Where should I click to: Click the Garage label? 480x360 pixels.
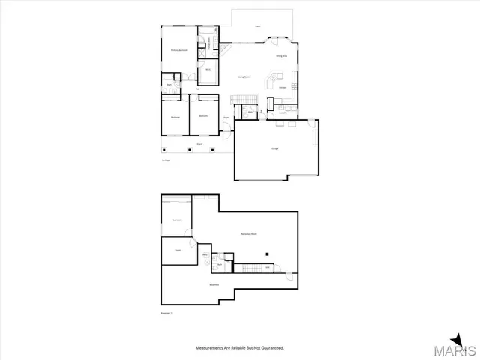pyautogui.click(x=275, y=148)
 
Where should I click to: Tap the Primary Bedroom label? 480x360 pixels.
pyautogui.click(x=177, y=50)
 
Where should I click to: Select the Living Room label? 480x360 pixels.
pyautogui.click(x=244, y=77)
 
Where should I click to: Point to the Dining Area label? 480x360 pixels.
pyautogui.click(x=282, y=56)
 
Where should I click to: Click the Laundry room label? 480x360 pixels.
pyautogui.click(x=283, y=112)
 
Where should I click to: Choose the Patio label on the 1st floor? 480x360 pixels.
pyautogui.click(x=257, y=26)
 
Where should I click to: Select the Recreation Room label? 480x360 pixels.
pyautogui.click(x=248, y=234)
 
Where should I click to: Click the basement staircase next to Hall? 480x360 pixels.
pyautogui.click(x=248, y=266)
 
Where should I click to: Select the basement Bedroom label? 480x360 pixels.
pyautogui.click(x=177, y=220)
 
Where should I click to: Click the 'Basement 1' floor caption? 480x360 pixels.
pyautogui.click(x=167, y=313)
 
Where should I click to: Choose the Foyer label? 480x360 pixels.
pyautogui.click(x=226, y=118)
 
